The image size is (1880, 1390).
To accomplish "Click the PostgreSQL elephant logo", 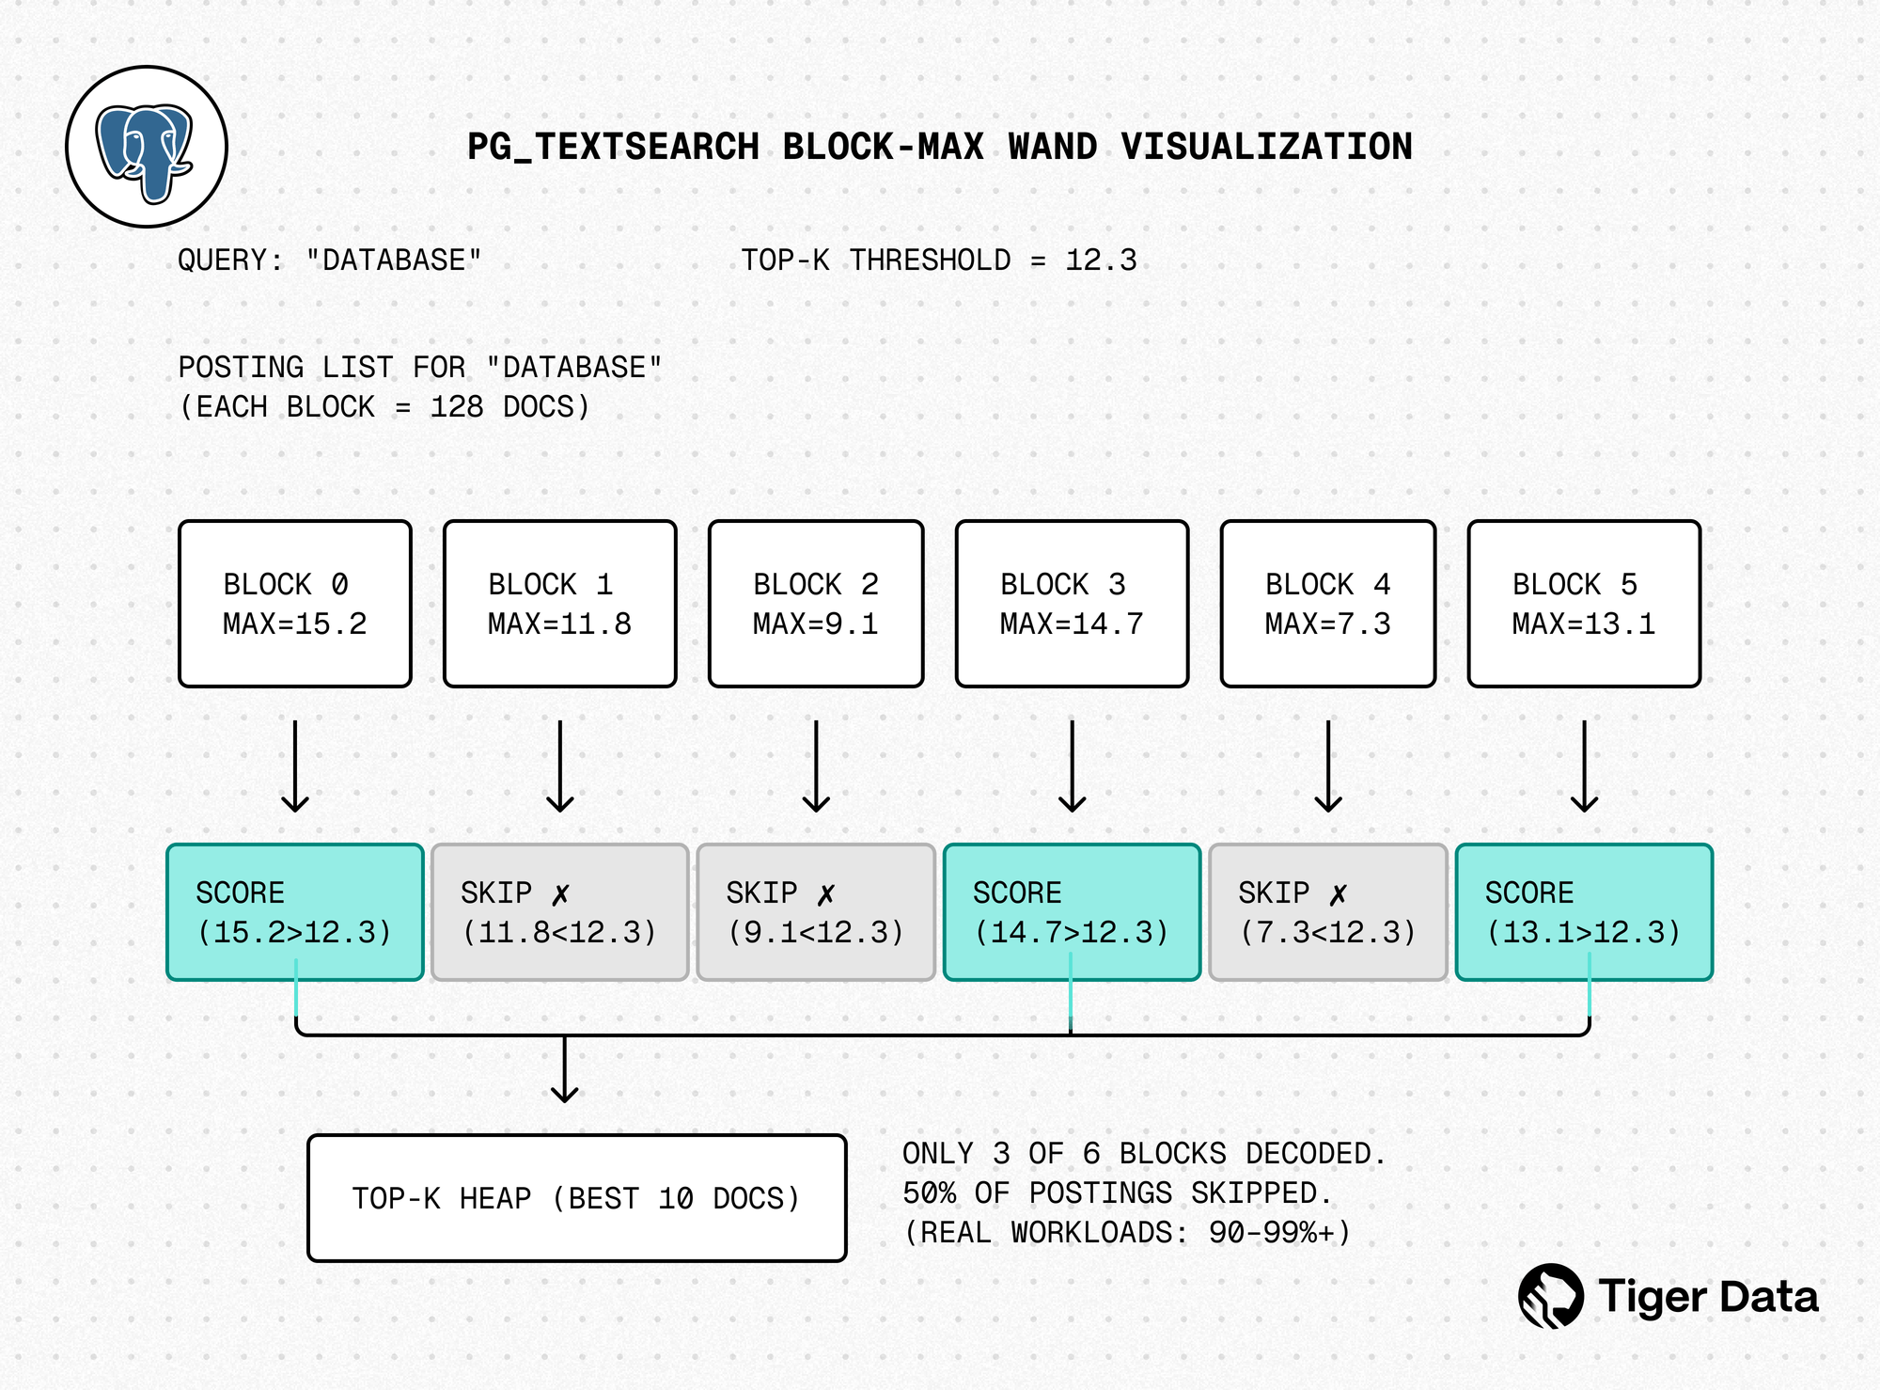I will [146, 148].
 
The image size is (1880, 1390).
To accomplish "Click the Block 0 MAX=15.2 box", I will [295, 604].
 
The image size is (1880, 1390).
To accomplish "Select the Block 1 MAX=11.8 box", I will [560, 604].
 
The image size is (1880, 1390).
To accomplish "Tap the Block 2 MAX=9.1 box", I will [816, 604].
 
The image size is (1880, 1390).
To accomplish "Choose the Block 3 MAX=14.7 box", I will [1072, 604].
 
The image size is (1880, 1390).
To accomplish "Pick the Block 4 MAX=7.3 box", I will [1327, 604].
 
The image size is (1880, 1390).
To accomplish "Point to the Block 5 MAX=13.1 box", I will [1584, 604].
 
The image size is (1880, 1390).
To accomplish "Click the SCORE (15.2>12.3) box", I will [295, 912].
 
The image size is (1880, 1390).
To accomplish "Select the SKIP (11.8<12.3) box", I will [560, 912].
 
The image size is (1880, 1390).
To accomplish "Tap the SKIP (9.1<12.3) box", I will [816, 912].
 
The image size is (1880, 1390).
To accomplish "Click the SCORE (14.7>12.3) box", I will [1072, 912].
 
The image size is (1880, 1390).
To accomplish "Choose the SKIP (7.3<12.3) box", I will [1327, 912].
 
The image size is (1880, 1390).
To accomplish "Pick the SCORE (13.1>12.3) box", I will [1584, 912].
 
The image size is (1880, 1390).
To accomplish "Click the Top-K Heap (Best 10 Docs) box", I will [577, 1198].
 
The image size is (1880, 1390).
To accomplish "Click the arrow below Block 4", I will [1327, 766].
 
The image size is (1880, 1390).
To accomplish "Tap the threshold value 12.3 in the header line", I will [1101, 261].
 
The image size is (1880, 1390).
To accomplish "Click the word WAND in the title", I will [1052, 148].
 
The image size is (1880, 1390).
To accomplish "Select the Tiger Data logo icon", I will [1550, 1296].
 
